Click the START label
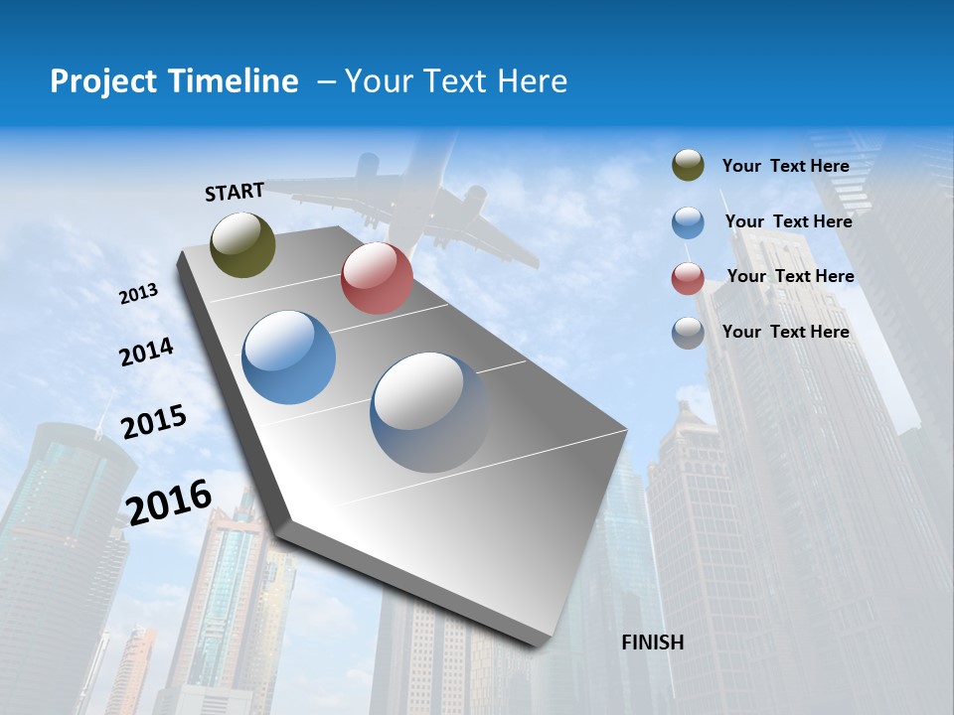pyautogui.click(x=235, y=192)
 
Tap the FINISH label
pyautogui.click(x=653, y=643)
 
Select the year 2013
pyautogui.click(x=139, y=294)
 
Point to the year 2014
pyautogui.click(x=146, y=352)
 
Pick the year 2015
pyautogui.click(x=154, y=422)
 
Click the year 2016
pyautogui.click(x=169, y=501)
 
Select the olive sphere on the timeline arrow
pyautogui.click(x=242, y=244)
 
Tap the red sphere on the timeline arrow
pyautogui.click(x=377, y=278)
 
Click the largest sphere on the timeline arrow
pyautogui.click(x=429, y=412)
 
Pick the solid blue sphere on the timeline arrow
pyautogui.click(x=289, y=357)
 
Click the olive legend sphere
pyautogui.click(x=688, y=166)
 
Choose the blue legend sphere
pyautogui.click(x=688, y=222)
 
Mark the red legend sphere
pyautogui.click(x=688, y=278)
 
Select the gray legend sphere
pyautogui.click(x=688, y=333)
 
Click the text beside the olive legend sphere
pyautogui.click(x=785, y=166)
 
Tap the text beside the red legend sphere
pyautogui.click(x=790, y=276)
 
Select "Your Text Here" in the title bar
pyautogui.click(x=456, y=81)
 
